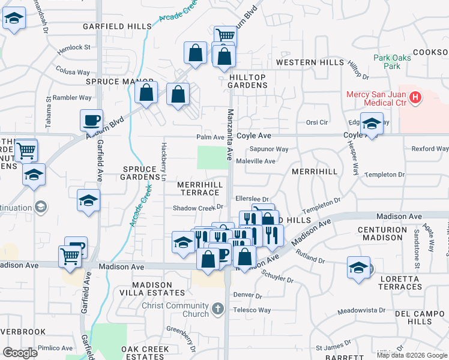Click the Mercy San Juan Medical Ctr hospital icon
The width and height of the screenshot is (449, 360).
point(414,97)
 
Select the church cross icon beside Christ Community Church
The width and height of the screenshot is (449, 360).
point(217,309)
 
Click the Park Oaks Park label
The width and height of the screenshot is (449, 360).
point(387,62)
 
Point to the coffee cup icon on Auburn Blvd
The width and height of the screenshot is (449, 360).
point(91,120)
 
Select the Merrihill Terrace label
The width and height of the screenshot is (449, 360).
point(200,188)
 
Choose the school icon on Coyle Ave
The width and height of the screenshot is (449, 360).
point(372,124)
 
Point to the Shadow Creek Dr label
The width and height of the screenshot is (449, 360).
point(198,207)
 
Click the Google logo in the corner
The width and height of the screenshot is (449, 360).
point(20,352)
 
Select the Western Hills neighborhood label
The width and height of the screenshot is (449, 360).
point(306,62)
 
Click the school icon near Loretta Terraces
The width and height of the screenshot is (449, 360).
point(358,268)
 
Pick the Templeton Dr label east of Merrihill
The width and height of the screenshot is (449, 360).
point(385,175)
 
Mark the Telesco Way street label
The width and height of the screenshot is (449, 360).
point(252,310)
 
